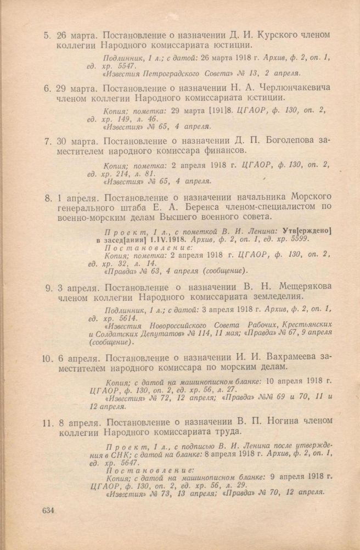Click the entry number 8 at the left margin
(x=48, y=197)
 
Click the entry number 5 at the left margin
(x=48, y=35)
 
